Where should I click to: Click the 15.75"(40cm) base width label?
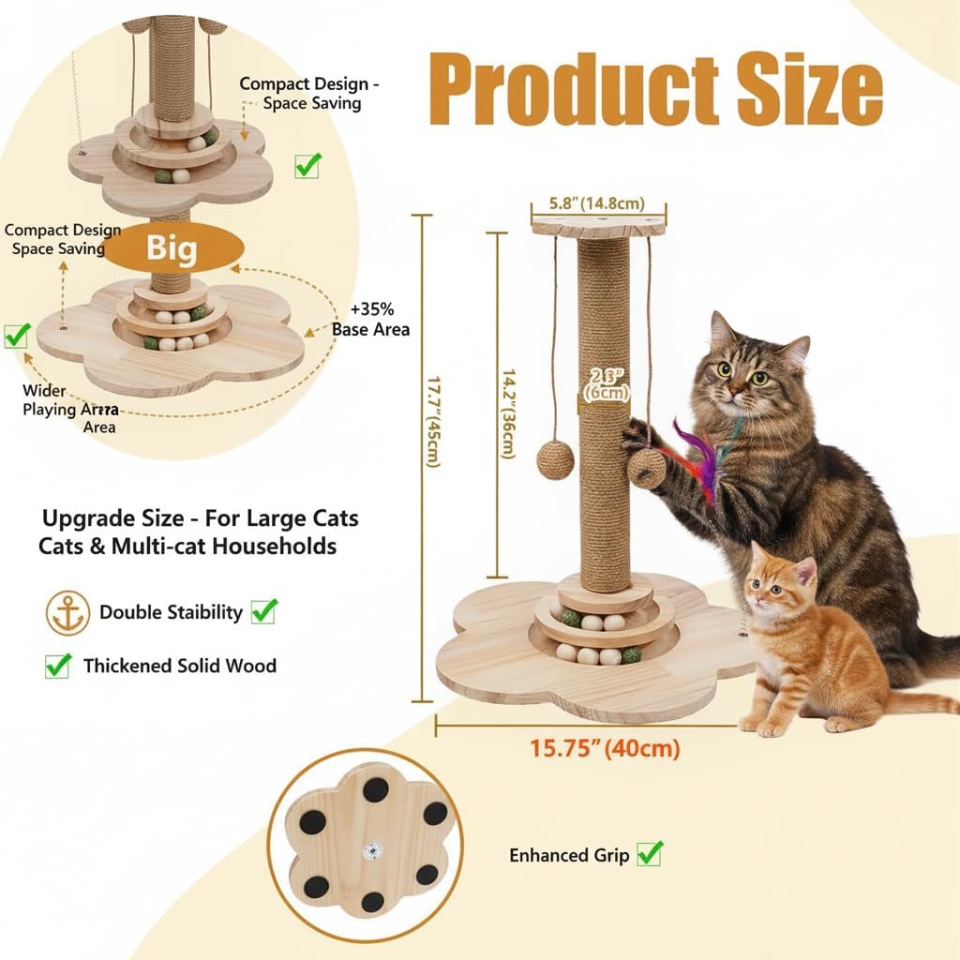coord(605,749)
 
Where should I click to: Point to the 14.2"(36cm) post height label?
coord(507,412)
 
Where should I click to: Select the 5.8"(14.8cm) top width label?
coord(597,203)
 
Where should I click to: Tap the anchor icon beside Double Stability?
coord(67,613)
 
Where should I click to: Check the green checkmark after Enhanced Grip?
coord(650,854)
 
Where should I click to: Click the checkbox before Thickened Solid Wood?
coord(58,667)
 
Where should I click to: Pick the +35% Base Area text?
coord(371,320)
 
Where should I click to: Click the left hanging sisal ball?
coord(555,460)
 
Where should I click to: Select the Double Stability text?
coord(171,613)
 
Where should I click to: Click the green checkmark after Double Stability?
coord(264,612)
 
